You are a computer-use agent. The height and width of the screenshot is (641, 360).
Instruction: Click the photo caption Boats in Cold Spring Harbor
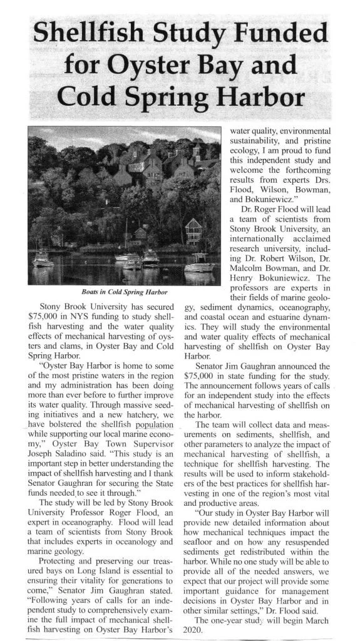point(124,292)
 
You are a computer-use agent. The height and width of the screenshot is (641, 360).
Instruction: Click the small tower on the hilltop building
point(196,151)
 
